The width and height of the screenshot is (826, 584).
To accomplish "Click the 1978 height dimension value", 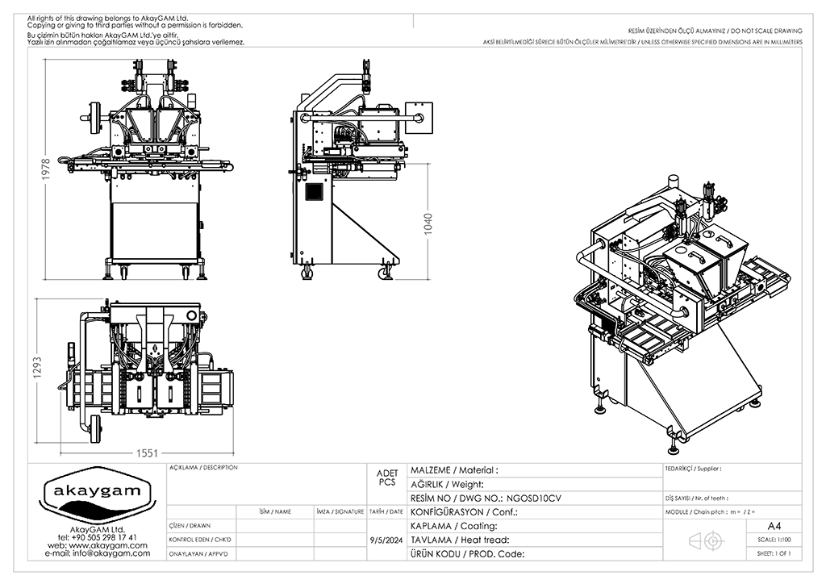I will [46, 169].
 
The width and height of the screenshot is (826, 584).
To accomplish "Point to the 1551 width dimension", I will [147, 453].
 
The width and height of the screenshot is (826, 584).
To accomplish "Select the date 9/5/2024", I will [386, 540].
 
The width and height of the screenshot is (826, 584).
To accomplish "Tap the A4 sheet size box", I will [774, 525].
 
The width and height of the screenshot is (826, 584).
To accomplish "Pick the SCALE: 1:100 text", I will [774, 540].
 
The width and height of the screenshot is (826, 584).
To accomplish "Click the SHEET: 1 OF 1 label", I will [774, 553].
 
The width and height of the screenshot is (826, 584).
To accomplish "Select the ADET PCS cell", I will [386, 478].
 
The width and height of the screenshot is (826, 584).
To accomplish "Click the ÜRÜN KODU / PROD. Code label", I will [468, 553].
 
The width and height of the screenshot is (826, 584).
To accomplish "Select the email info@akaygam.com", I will [98, 553].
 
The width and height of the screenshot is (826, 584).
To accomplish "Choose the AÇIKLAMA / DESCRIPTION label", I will [203, 468].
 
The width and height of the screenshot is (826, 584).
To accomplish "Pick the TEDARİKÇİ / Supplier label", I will [693, 468].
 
